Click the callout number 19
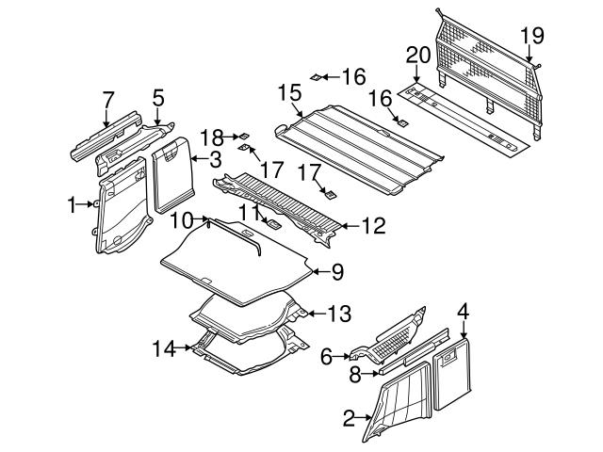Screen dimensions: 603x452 (532, 36)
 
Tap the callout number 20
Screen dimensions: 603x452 (418, 55)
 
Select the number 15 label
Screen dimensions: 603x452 (290, 93)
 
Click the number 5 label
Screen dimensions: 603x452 (158, 98)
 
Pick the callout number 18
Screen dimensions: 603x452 (212, 137)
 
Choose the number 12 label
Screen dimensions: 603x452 (373, 226)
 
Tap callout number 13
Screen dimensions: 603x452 (339, 314)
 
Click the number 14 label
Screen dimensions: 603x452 (164, 348)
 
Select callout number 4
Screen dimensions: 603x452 (464, 312)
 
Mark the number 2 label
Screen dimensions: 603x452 (349, 418)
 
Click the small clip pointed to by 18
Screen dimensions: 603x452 (244, 136)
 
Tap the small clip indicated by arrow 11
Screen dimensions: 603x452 (272, 224)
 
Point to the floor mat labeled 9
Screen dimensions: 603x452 (236, 262)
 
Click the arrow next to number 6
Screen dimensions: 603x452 (341, 357)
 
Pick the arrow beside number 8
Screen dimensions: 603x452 (370, 373)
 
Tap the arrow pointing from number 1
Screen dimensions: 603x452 (85, 204)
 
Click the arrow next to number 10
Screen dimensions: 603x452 (200, 219)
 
